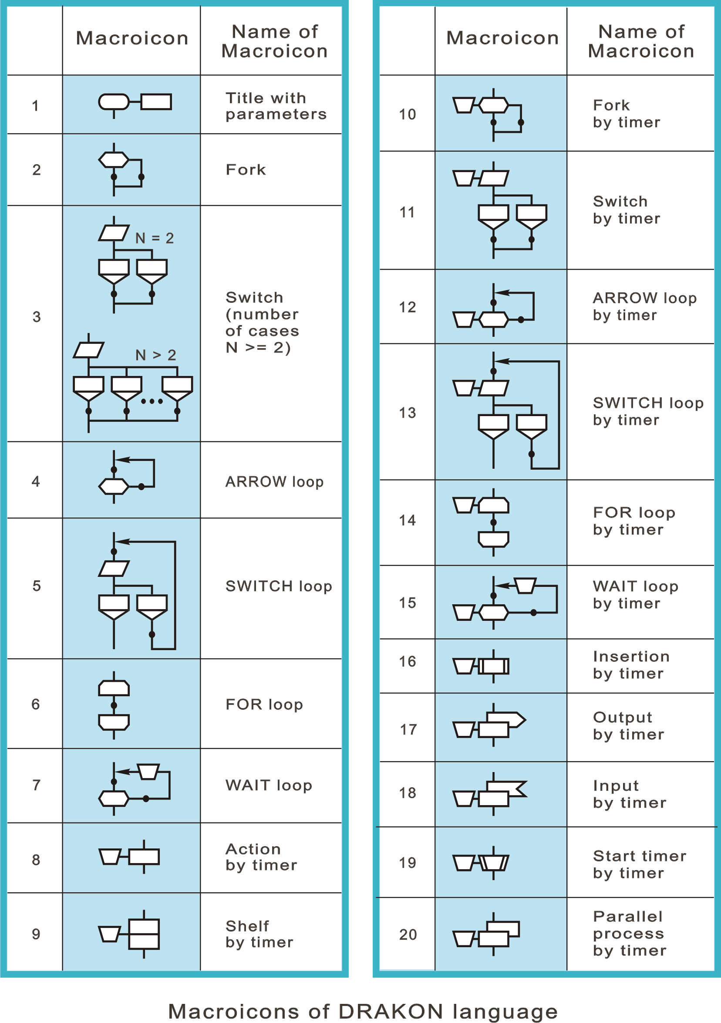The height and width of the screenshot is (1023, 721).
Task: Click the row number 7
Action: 36,785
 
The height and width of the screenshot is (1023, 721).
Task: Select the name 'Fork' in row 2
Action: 246,170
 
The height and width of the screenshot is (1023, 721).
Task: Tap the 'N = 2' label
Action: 155,238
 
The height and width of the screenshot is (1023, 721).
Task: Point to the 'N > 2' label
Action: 155,355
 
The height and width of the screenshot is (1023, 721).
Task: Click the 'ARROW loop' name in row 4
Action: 274,481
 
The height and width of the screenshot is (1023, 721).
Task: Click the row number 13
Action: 407,413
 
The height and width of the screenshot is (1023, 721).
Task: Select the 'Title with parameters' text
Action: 276,106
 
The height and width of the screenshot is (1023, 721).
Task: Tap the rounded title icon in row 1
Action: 114,102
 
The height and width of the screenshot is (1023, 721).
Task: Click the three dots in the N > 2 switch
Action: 152,401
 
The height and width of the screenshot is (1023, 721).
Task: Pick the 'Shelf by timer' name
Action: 259,934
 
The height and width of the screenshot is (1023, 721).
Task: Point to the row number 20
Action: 408,934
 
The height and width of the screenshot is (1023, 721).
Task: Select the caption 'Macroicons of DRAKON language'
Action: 363,1011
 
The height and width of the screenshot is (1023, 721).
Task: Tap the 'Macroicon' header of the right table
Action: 502,38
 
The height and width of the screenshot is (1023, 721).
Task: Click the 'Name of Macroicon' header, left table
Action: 275,41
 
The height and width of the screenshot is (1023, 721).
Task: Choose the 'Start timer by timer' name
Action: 639,864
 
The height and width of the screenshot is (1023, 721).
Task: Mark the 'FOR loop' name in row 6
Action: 264,705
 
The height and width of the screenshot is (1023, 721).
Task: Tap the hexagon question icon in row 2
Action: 114,159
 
